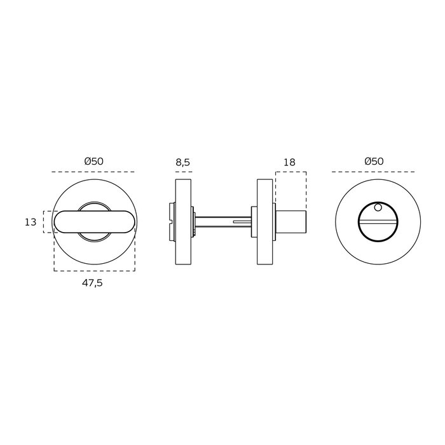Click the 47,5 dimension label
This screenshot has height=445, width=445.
[x=92, y=283]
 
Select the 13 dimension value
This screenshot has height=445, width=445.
[x=31, y=222]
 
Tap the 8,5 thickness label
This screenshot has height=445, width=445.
[x=183, y=162]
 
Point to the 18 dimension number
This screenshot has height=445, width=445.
[x=289, y=162]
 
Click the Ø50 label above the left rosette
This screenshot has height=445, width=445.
[x=94, y=161]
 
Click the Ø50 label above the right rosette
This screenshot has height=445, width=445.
[x=374, y=161]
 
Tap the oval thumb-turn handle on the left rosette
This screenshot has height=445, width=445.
[x=94, y=222]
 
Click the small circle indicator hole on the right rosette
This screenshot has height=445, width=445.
[x=378, y=208]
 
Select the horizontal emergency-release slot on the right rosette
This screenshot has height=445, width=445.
[x=378, y=222]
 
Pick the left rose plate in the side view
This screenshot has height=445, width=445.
[x=183, y=222]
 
